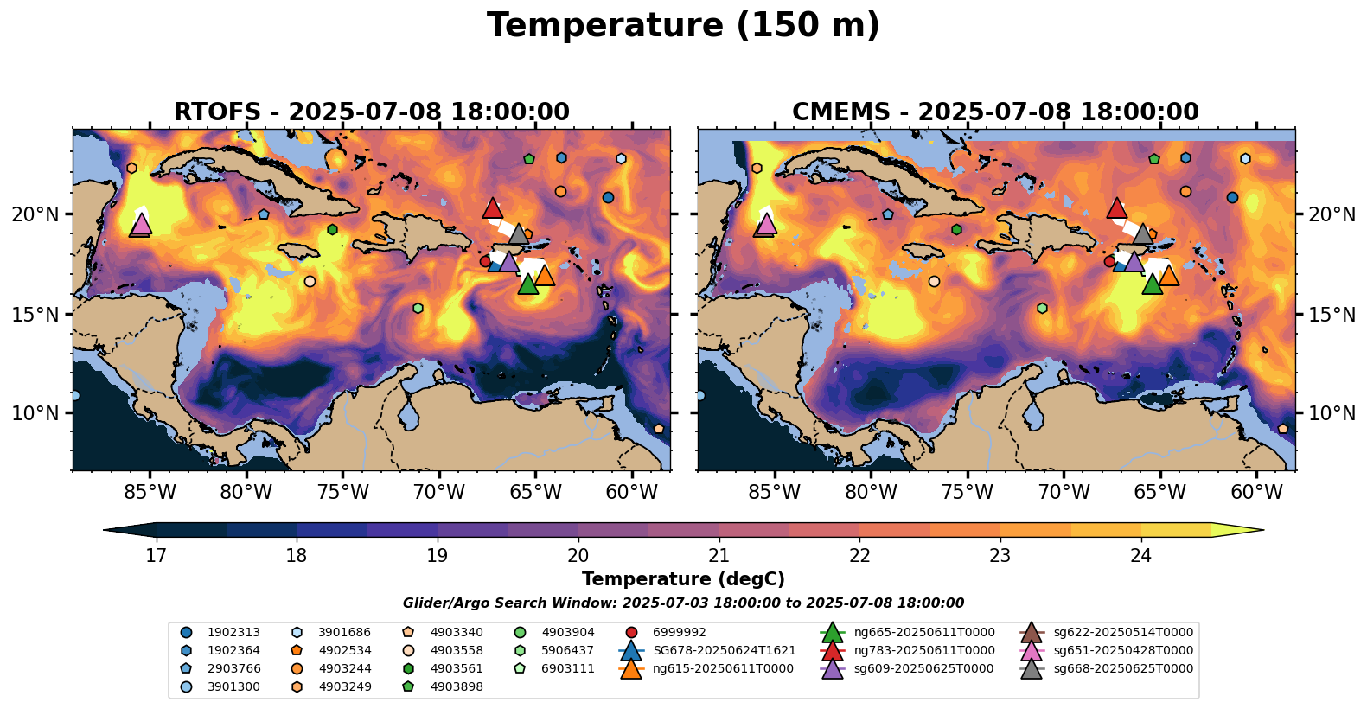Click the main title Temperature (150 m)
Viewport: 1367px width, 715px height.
click(683, 26)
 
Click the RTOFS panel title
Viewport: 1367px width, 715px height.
click(372, 112)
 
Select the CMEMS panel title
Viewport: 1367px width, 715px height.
click(995, 112)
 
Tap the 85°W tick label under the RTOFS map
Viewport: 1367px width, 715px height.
click(150, 493)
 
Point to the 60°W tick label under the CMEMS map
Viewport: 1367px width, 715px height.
click(1256, 493)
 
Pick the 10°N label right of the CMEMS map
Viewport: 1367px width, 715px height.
click(1332, 413)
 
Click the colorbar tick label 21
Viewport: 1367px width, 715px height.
click(719, 555)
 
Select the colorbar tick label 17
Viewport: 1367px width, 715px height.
click(156, 555)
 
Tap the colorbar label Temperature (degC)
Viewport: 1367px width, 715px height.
click(683, 579)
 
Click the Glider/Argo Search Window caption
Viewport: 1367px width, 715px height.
click(683, 603)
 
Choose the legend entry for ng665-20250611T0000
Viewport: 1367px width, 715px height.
click(923, 633)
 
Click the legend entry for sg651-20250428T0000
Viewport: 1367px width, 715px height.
click(1122, 651)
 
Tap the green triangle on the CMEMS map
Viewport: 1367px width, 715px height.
click(1152, 284)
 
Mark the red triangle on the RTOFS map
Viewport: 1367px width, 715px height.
click(493, 208)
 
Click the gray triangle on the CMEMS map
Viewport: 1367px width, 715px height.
click(1142, 234)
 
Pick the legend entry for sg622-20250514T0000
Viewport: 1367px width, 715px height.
click(1122, 633)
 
